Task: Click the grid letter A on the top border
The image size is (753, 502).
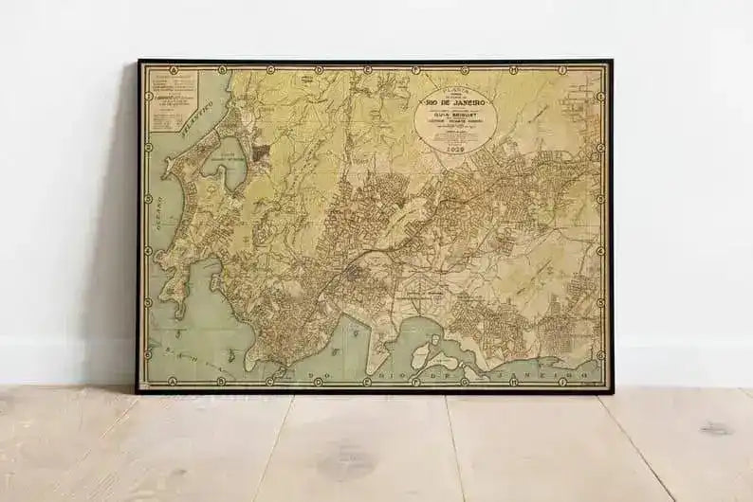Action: click(173, 69)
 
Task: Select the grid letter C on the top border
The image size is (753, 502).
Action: click(270, 69)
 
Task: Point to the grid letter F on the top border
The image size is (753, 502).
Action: click(415, 69)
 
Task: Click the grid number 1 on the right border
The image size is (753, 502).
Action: click(602, 96)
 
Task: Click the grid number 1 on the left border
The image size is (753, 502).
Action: click(147, 96)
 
